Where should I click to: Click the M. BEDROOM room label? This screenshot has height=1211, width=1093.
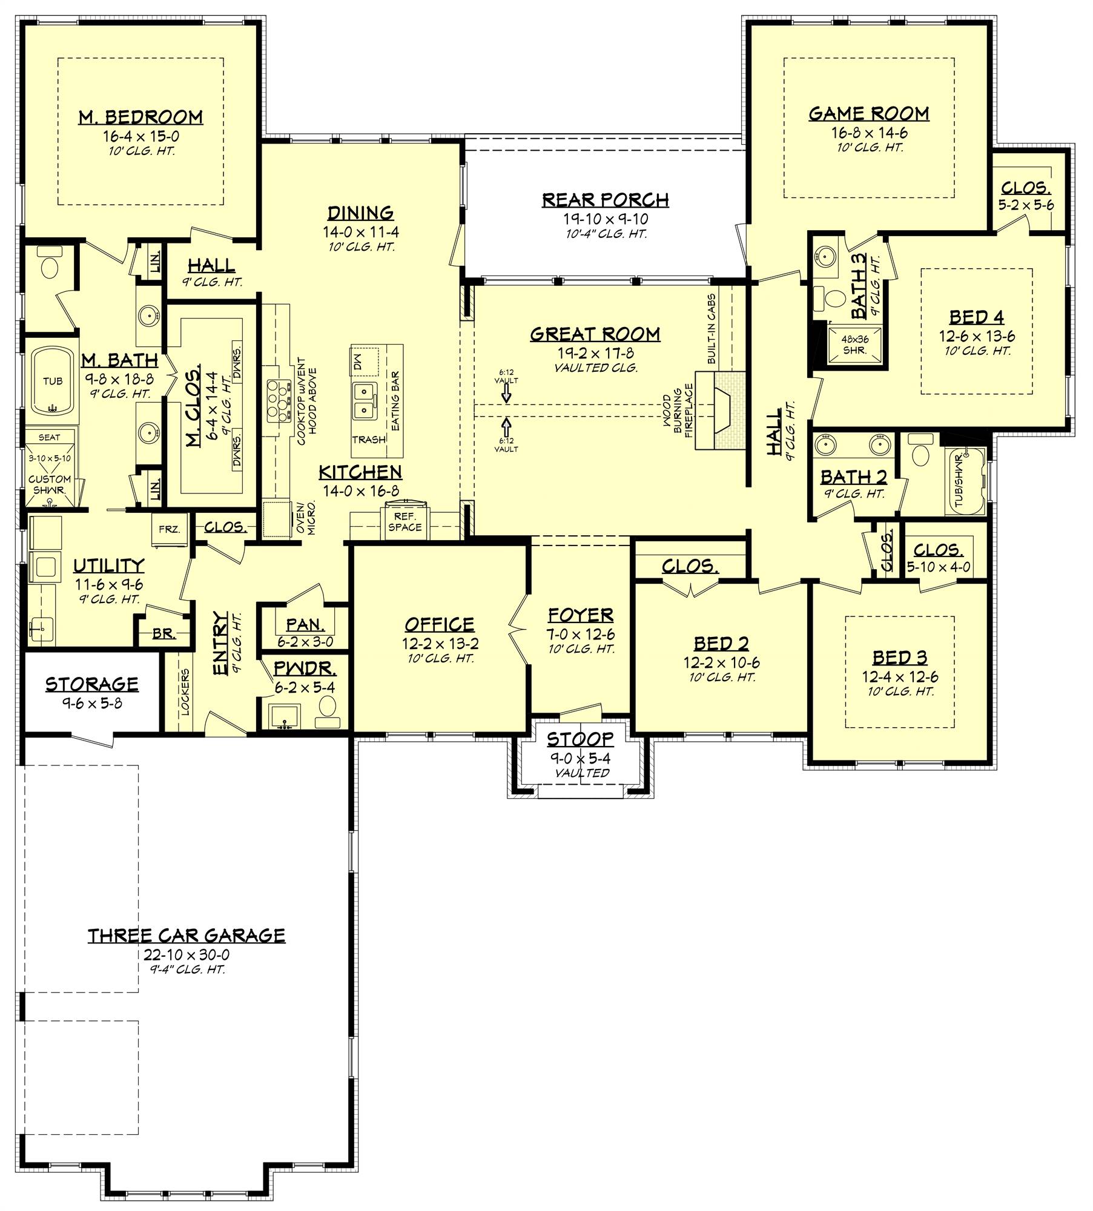[140, 117]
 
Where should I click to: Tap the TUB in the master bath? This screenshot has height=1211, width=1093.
[53, 381]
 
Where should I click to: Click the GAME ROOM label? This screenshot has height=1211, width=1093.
[869, 114]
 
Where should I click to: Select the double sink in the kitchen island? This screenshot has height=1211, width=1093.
[365, 401]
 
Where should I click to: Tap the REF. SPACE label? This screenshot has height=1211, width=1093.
[405, 521]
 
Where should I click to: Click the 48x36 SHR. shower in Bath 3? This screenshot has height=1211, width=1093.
[854, 345]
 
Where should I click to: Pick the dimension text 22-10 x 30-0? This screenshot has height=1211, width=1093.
[187, 955]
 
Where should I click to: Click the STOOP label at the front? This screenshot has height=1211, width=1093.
[580, 739]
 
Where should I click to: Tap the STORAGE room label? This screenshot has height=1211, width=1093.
[92, 684]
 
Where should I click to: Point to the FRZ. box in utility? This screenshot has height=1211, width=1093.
[170, 529]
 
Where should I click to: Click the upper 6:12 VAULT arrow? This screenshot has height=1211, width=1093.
[506, 394]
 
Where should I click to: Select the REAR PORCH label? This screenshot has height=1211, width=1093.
[605, 200]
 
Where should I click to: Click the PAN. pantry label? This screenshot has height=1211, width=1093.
[305, 624]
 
